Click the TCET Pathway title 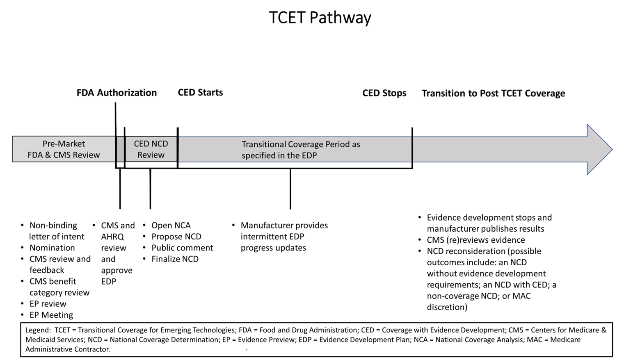(x=320, y=18)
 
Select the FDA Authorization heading (x=117, y=93)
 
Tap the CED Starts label (x=200, y=92)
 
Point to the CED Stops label (x=384, y=93)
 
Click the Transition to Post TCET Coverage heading (x=493, y=93)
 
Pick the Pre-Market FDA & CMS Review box (x=64, y=149)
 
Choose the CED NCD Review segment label (x=151, y=149)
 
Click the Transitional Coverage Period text (x=300, y=150)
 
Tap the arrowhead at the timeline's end (x=599, y=149)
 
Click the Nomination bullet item (x=52, y=248)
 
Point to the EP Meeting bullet (x=51, y=315)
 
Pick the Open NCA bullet (x=171, y=225)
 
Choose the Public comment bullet (x=182, y=248)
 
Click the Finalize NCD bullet (x=175, y=259)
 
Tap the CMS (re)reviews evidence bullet (x=475, y=240)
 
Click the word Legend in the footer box (x=38, y=330)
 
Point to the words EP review (x=48, y=304)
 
